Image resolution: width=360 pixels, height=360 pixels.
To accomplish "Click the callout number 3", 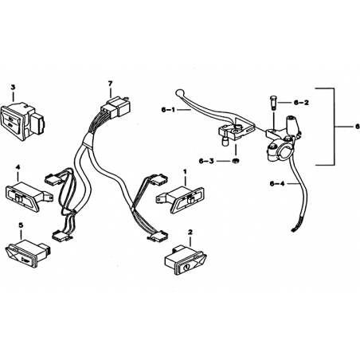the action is click(x=13, y=87).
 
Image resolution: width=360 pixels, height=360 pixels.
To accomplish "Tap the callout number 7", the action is click(x=110, y=84).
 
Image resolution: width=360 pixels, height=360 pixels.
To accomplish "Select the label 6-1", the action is click(x=168, y=109).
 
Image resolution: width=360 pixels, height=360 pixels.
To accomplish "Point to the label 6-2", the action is click(x=301, y=103).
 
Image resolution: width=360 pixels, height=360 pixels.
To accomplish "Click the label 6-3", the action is click(x=206, y=161).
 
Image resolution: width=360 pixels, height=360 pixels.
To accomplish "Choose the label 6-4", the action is click(x=277, y=183).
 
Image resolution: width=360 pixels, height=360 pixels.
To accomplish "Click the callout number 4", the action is click(x=18, y=167).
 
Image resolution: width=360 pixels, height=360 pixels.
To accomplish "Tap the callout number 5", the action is click(x=21, y=225).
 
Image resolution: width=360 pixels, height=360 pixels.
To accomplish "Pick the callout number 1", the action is click(x=185, y=171).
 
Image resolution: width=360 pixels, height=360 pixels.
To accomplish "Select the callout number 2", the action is click(x=190, y=232).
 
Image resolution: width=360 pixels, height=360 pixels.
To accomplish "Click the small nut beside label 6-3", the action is click(x=235, y=161).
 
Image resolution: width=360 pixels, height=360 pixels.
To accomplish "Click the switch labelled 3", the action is click(x=22, y=122).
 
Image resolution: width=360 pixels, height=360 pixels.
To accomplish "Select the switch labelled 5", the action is click(x=28, y=253).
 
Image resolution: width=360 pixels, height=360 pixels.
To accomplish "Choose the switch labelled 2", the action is click(x=186, y=260).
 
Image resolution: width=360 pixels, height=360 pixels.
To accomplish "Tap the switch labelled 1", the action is click(x=181, y=200).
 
